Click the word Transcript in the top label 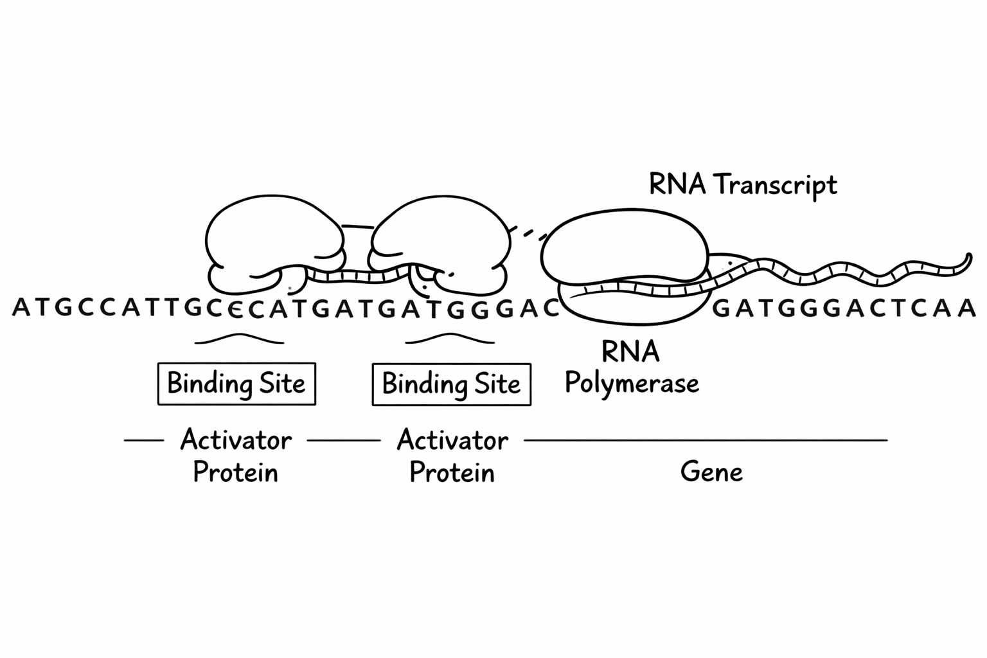pos(776,185)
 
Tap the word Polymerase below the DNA pos(632,383)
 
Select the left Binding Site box pos(236,384)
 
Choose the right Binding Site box pos(451,384)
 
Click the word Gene pos(711,472)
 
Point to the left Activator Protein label pos(236,456)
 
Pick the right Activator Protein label pos(452,456)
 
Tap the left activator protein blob pos(273,238)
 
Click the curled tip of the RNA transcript pos(966,260)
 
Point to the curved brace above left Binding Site pos(239,338)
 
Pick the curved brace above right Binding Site pos(450,338)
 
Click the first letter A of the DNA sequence pos(21,308)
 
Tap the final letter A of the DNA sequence pos(967,309)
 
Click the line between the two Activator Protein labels pos(344,440)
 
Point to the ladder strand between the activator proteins pos(357,277)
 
